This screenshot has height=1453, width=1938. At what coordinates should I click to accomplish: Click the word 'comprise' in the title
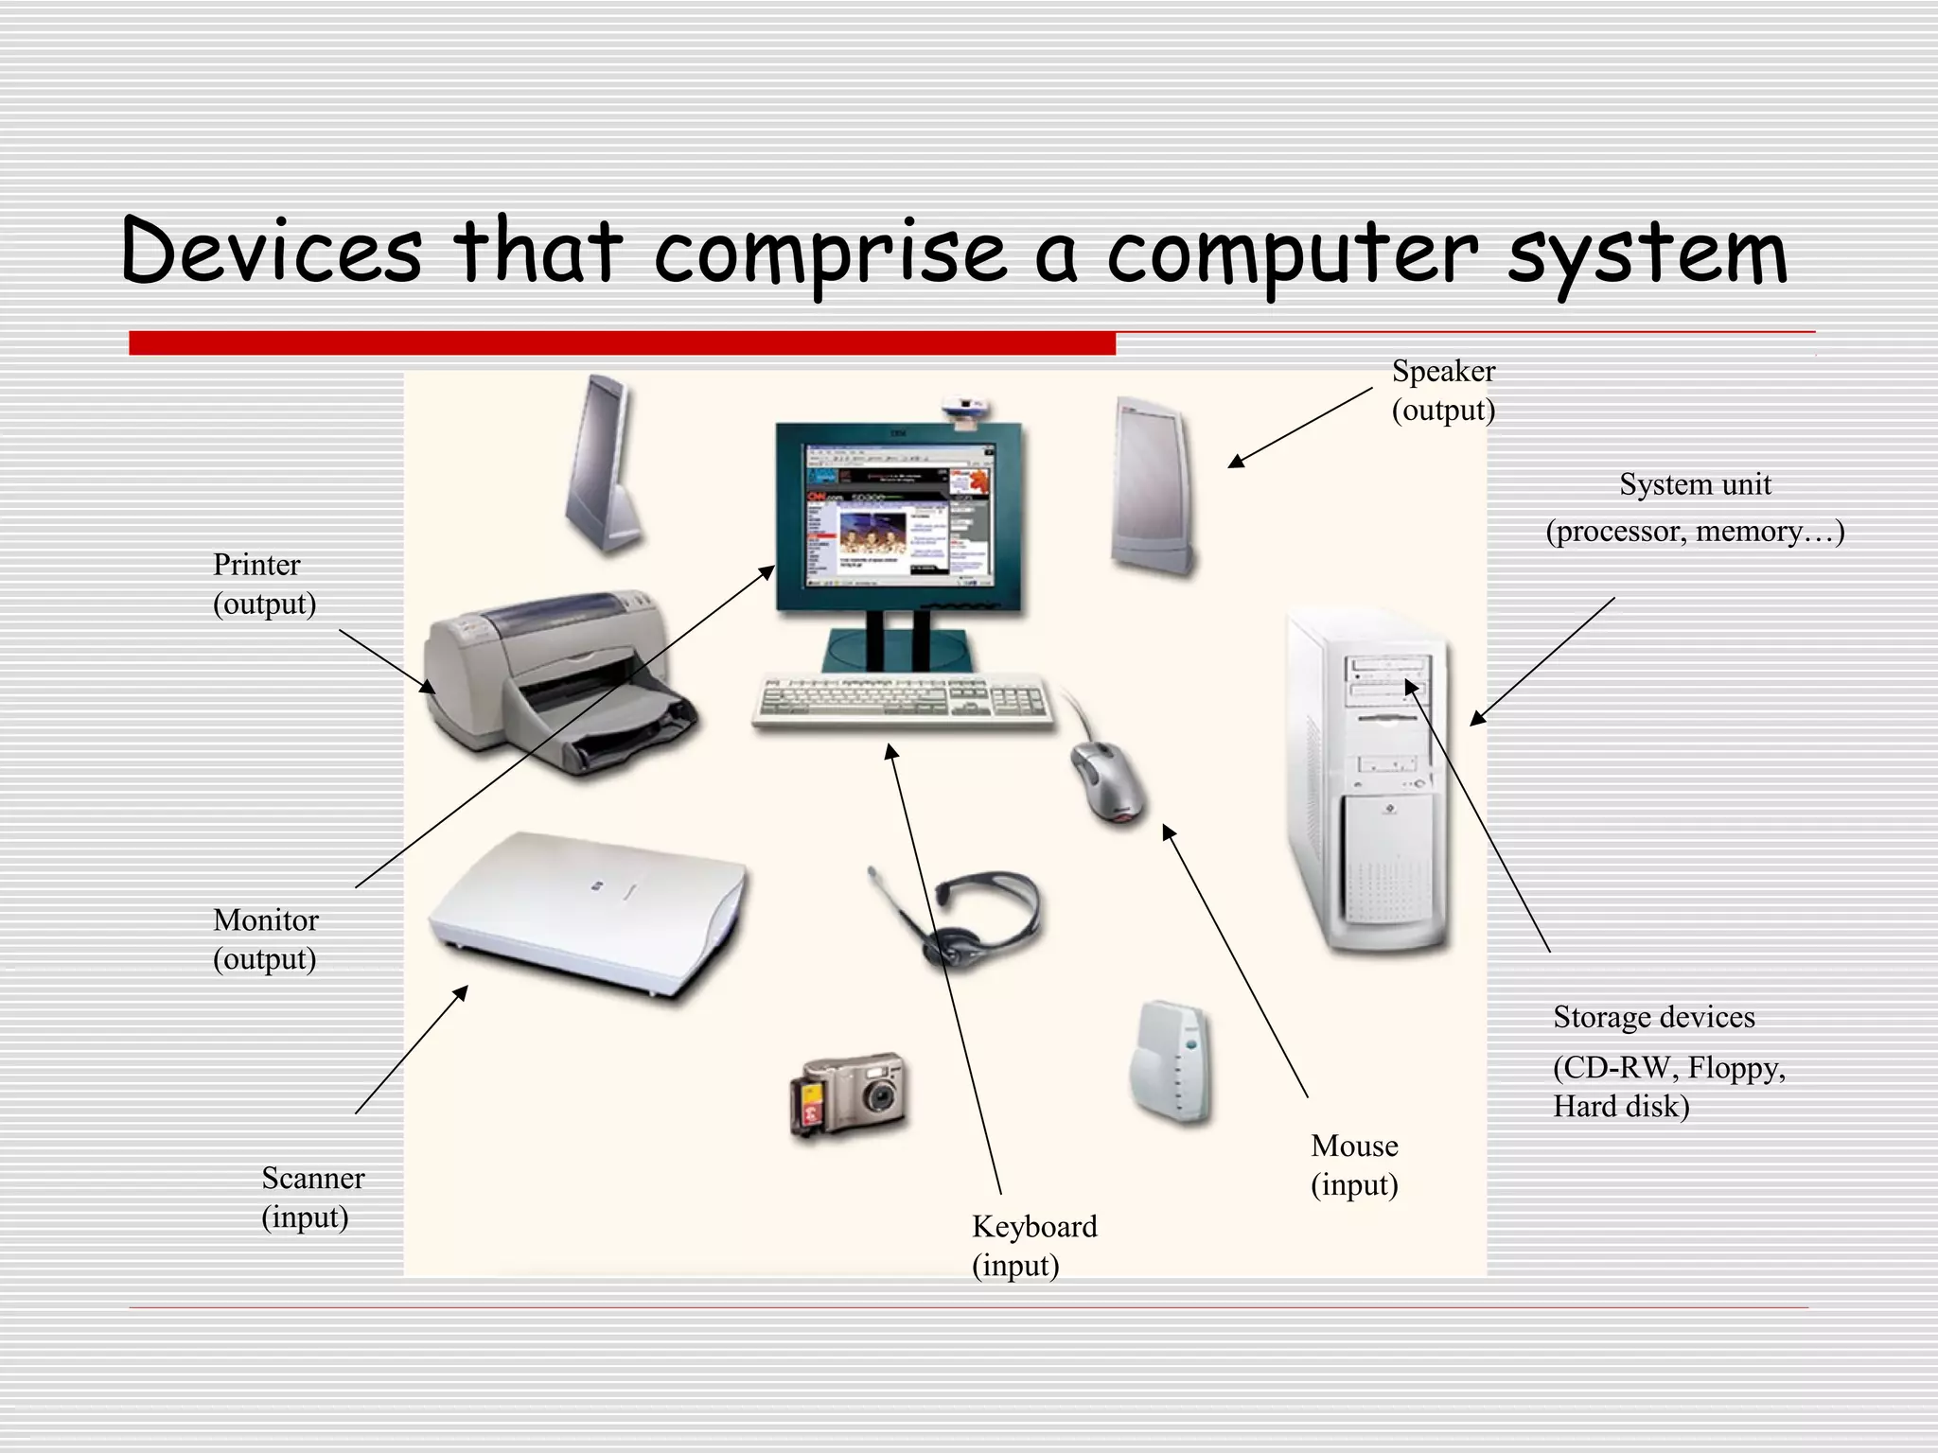coord(830,254)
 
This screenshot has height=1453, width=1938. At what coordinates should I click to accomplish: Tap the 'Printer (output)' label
coord(263,584)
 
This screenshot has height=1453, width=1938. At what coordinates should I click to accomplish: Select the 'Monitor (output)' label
coord(265,938)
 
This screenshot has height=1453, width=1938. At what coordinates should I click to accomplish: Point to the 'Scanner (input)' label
coord(312,1197)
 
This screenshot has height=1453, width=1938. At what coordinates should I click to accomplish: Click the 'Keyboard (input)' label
coord(1033,1245)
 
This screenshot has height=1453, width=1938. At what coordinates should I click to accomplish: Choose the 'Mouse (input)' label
coord(1353,1164)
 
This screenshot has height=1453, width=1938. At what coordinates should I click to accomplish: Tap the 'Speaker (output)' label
coord(1443,390)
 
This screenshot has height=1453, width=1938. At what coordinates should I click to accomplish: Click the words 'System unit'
coord(1695,484)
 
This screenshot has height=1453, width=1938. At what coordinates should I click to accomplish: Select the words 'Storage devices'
coord(1653,1017)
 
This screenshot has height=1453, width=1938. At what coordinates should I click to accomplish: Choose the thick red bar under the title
coord(622,343)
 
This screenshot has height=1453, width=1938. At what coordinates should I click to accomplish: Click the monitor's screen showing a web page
coord(897,516)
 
